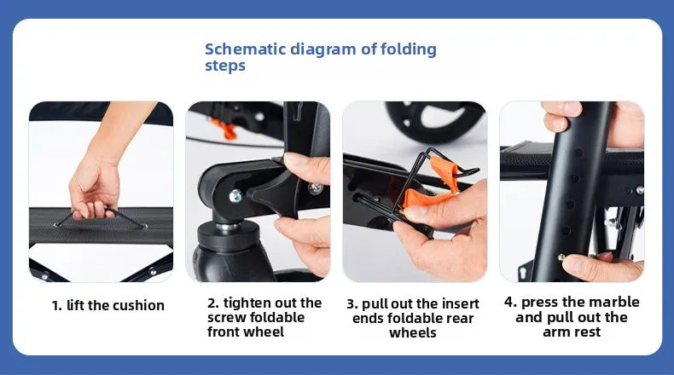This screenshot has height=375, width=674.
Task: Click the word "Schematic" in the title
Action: point(245,49)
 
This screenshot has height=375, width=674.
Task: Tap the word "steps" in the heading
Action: point(225,66)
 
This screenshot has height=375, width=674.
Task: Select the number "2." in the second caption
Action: point(213,303)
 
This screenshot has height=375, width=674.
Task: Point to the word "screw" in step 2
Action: point(227,318)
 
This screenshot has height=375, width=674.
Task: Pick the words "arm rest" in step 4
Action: point(572,332)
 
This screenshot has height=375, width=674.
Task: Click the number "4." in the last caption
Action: point(511,302)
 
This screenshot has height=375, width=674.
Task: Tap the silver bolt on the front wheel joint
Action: point(235,196)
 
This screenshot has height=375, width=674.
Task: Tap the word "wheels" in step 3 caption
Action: point(413,333)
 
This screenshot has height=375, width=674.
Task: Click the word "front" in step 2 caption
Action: point(224,332)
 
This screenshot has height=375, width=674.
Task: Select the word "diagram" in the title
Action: point(323,49)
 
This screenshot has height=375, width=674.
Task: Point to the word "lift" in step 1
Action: point(76,305)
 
